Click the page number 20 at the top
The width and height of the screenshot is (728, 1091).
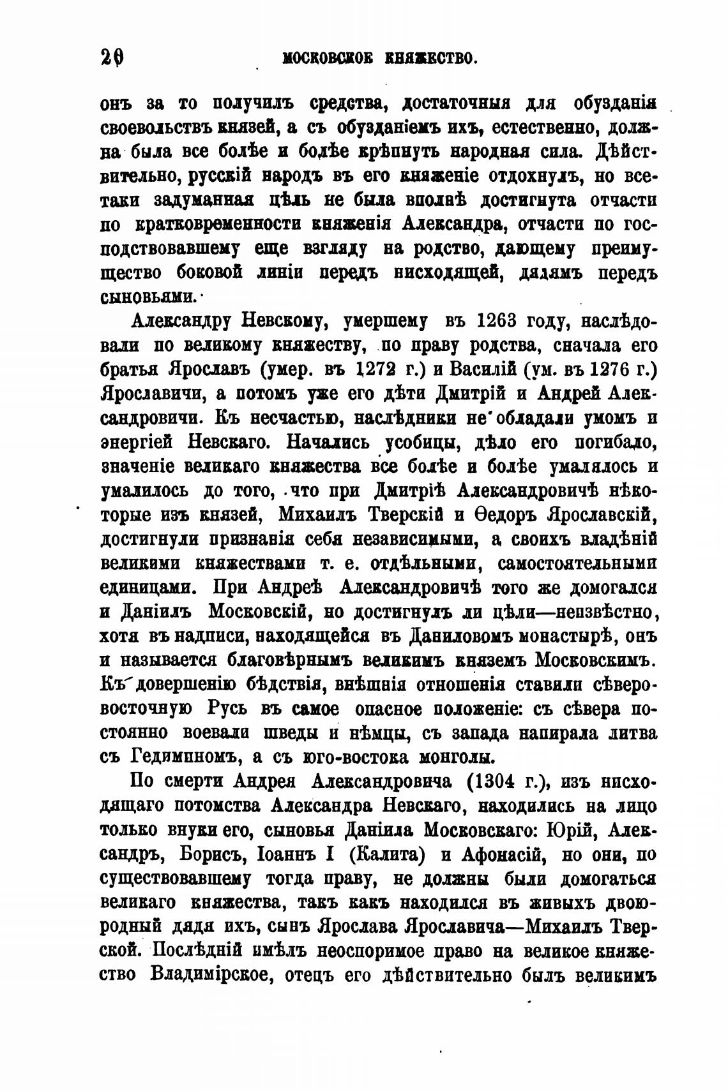click(x=112, y=59)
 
